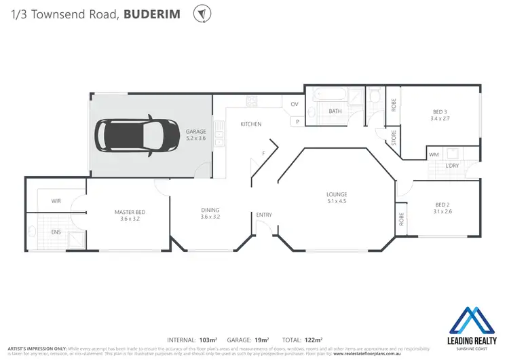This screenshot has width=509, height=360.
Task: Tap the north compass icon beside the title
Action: [x=201, y=14]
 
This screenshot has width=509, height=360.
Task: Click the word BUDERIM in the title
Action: [x=153, y=14]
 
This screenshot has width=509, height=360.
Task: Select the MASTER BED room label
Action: [x=130, y=213]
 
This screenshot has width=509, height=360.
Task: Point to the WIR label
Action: [x=56, y=201]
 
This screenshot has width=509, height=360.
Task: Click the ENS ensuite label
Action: [x=56, y=232]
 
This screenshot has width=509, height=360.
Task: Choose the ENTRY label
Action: [x=263, y=215]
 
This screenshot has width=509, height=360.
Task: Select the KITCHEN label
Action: [x=250, y=124]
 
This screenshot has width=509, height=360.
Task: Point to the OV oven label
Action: [x=295, y=104]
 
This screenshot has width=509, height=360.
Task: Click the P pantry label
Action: [x=297, y=121]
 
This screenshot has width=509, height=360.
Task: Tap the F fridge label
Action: [x=263, y=154]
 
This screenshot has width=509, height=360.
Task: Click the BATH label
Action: [x=335, y=111]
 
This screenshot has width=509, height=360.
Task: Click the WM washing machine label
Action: [x=434, y=154]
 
